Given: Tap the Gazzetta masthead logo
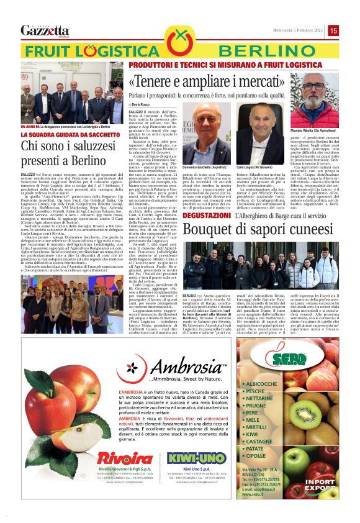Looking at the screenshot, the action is (45, 30).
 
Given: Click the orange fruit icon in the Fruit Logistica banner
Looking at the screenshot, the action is (180, 44).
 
